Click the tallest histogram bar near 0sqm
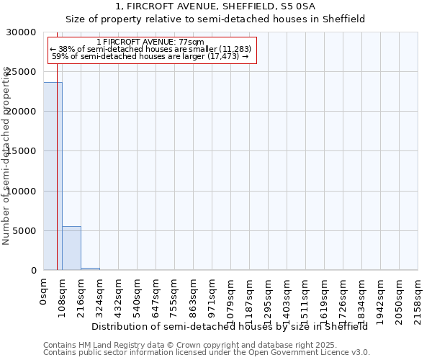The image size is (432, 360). click(52, 176)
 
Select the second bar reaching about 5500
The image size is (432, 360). click(71, 248)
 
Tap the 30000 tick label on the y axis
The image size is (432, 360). click(21, 32)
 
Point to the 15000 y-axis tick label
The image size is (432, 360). click(21, 151)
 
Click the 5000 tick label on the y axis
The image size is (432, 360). click(24, 231)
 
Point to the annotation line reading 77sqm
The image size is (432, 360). click(150, 42)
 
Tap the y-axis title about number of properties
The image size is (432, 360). click(6, 156)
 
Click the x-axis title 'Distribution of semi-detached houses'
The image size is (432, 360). click(230, 326)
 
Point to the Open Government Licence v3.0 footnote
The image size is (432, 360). click(207, 353)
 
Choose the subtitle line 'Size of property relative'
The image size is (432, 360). click(215, 19)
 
